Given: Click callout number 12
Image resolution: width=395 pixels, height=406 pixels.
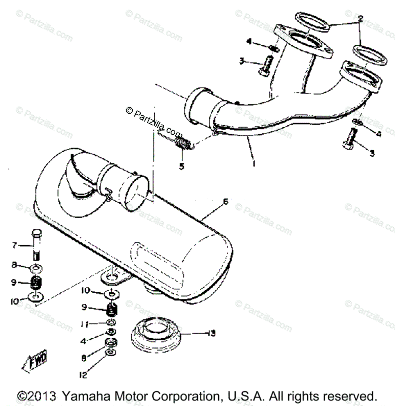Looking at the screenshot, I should pos(83,375).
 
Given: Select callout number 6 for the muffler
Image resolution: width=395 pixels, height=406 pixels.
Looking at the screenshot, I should pos(226,202).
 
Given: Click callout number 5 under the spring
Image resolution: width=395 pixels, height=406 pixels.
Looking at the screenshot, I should pos(182,166).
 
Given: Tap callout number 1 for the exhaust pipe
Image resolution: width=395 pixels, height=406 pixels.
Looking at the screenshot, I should pos(254,164).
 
